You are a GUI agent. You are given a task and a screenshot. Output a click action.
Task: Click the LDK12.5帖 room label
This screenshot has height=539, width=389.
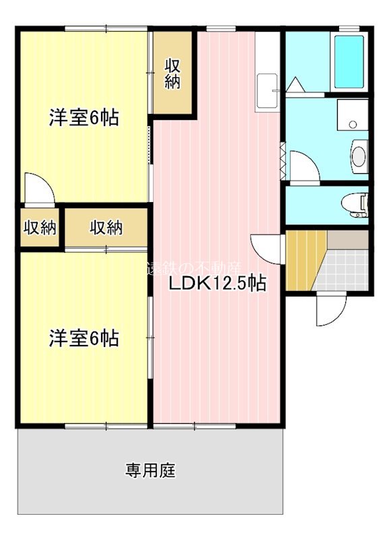click(216, 284)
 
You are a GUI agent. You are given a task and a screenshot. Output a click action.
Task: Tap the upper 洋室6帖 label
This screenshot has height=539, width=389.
click(84, 118)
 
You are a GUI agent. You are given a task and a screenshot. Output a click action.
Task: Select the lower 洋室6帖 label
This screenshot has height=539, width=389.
click(84, 338)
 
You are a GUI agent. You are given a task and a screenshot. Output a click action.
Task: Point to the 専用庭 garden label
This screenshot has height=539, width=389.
click(150, 470)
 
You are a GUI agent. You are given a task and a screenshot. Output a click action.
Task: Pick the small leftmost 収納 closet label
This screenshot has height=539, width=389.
click(39, 228)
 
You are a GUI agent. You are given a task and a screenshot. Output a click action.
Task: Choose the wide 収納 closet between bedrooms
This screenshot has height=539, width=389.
click(107, 228)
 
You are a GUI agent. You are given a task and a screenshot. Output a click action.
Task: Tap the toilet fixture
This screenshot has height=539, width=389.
click(355, 203)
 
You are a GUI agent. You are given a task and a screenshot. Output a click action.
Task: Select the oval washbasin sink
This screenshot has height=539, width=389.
click(358, 156)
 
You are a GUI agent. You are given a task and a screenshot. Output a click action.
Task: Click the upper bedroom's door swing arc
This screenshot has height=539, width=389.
click(38, 187)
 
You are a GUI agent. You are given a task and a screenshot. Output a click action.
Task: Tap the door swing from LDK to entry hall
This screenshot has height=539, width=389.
click(267, 247)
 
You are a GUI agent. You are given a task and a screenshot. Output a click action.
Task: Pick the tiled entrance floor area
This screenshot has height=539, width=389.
click(344, 269)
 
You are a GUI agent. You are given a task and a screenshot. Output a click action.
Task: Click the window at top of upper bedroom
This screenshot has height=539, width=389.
click(106, 29)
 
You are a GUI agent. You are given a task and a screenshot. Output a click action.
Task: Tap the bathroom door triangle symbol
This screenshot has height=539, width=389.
click(295, 86)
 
